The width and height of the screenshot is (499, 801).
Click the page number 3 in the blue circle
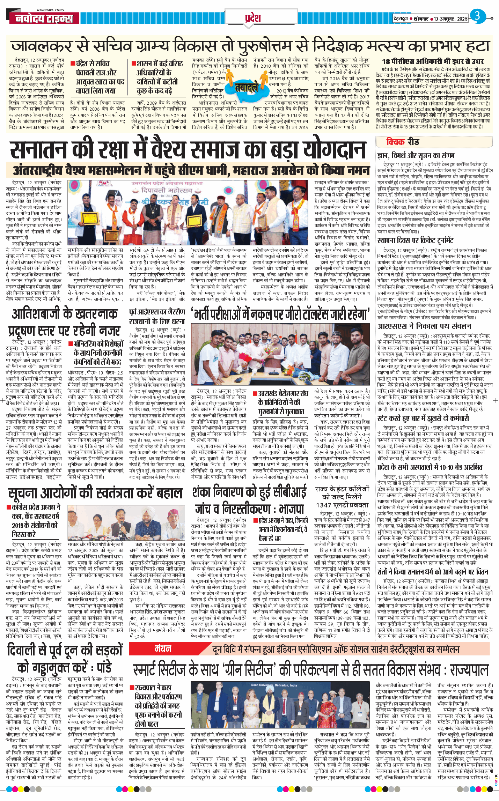point(477,16)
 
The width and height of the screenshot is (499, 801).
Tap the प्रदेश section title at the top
point(252,17)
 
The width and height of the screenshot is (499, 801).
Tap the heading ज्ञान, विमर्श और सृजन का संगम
point(416,156)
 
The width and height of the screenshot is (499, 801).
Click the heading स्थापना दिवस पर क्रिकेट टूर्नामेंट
point(415,240)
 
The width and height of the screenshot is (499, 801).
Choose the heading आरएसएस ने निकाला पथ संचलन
point(424,326)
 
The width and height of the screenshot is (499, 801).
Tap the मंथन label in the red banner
point(163,649)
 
